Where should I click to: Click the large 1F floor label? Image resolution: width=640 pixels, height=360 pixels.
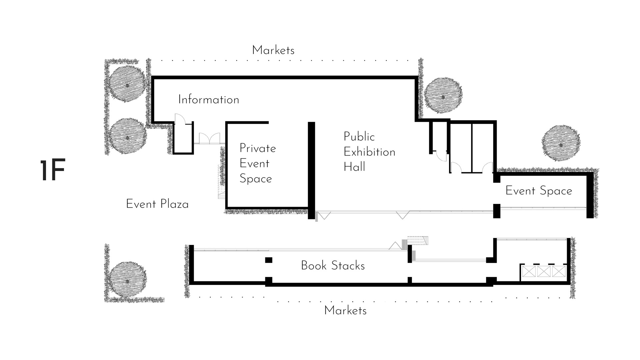[52, 171]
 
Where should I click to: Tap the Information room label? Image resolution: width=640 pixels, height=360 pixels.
[209, 100]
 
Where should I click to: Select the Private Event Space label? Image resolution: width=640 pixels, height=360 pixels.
[257, 163]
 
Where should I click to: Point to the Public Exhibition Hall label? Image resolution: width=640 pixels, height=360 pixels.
[369, 152]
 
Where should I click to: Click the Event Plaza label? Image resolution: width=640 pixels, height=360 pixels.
[157, 204]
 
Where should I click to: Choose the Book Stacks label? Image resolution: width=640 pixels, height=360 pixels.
[333, 266]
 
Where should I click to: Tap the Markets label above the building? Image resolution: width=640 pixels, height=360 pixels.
[273, 50]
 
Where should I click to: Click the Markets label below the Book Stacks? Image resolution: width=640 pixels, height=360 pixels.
[345, 311]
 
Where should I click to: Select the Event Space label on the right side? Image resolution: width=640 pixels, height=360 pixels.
[539, 191]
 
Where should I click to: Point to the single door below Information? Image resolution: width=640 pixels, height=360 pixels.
[180, 119]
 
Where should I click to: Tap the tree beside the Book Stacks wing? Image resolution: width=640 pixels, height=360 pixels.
[127, 279]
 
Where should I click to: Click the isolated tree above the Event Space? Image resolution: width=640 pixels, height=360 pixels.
[561, 143]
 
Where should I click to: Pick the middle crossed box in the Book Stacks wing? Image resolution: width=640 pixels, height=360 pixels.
[543, 271]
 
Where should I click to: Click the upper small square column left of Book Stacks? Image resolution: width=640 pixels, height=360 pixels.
[269, 260]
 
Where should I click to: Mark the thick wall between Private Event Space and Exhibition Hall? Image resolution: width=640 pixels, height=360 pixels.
[311, 170]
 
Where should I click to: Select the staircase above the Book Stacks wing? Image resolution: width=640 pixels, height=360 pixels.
[417, 240]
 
